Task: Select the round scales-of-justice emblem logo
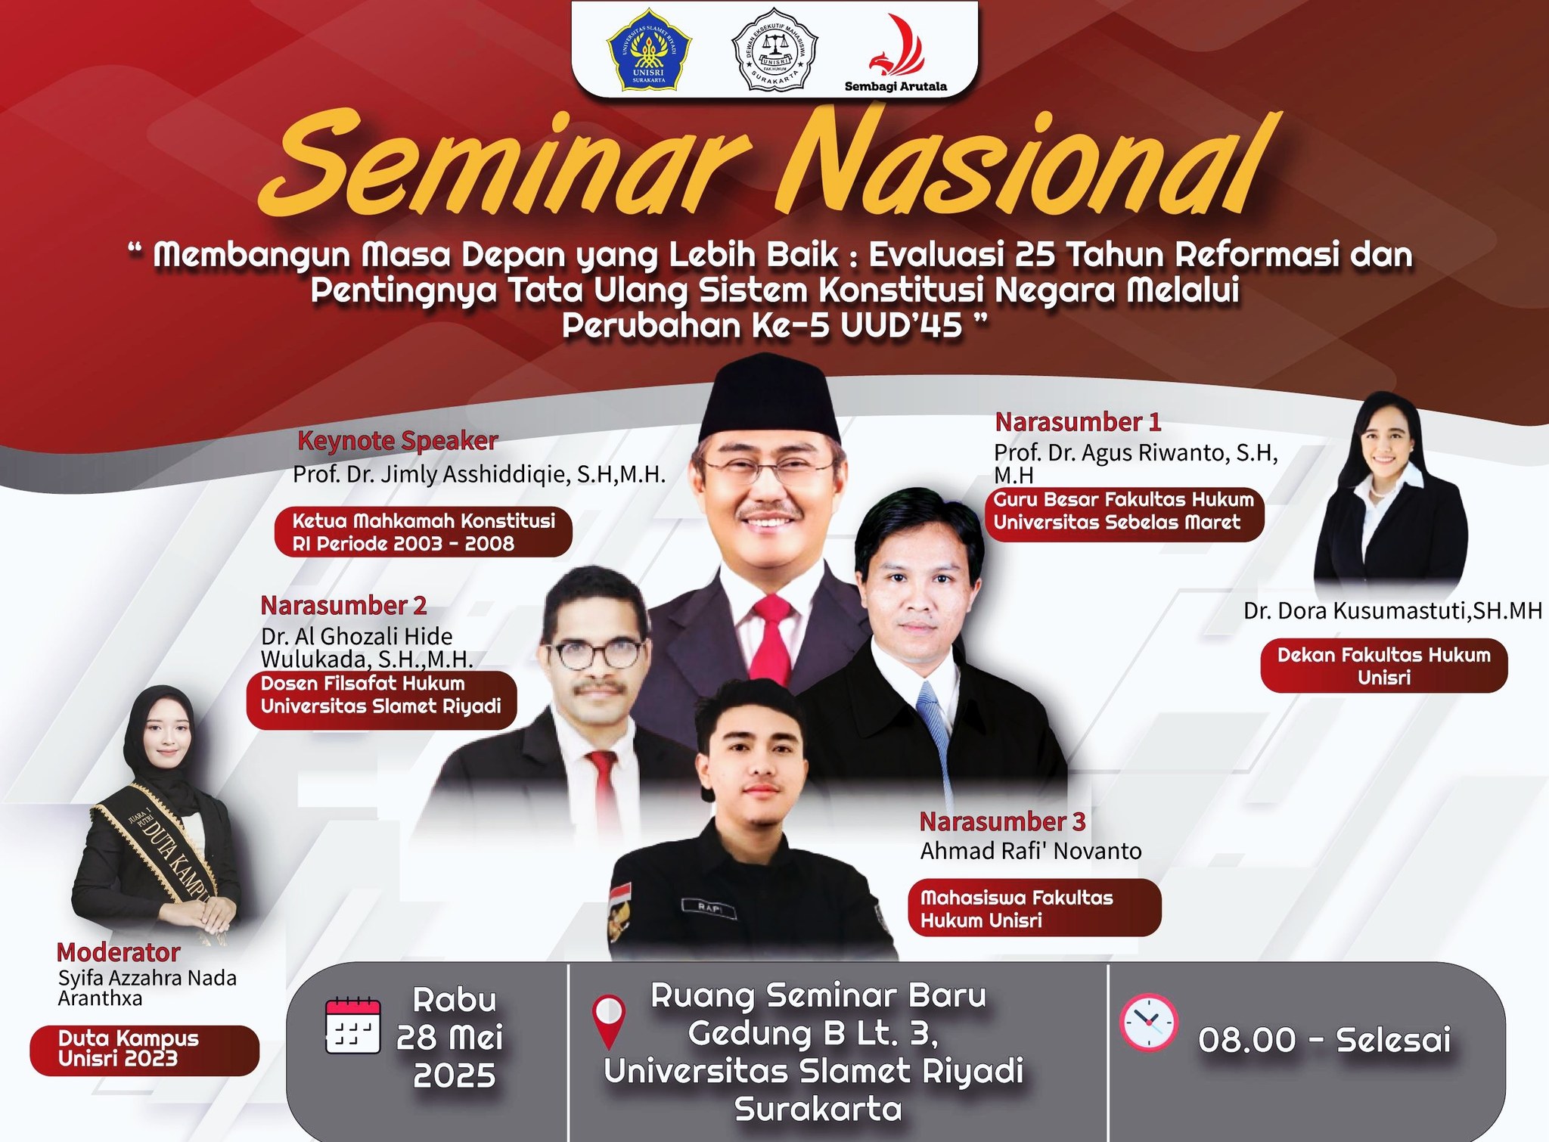[774, 49]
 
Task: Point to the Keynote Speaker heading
[398, 441]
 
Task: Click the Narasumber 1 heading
[1077, 421]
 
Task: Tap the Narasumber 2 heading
[343, 605]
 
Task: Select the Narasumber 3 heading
[1002, 821]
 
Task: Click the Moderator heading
[119, 951]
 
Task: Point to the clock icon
[1148, 1022]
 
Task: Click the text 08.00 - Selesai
[1324, 1040]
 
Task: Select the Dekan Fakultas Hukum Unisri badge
[1384, 666]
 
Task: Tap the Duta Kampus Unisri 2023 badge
[144, 1050]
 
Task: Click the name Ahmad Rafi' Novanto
[1031, 852]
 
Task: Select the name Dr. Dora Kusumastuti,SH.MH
[1392, 611]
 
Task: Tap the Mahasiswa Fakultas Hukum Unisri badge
[1034, 908]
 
